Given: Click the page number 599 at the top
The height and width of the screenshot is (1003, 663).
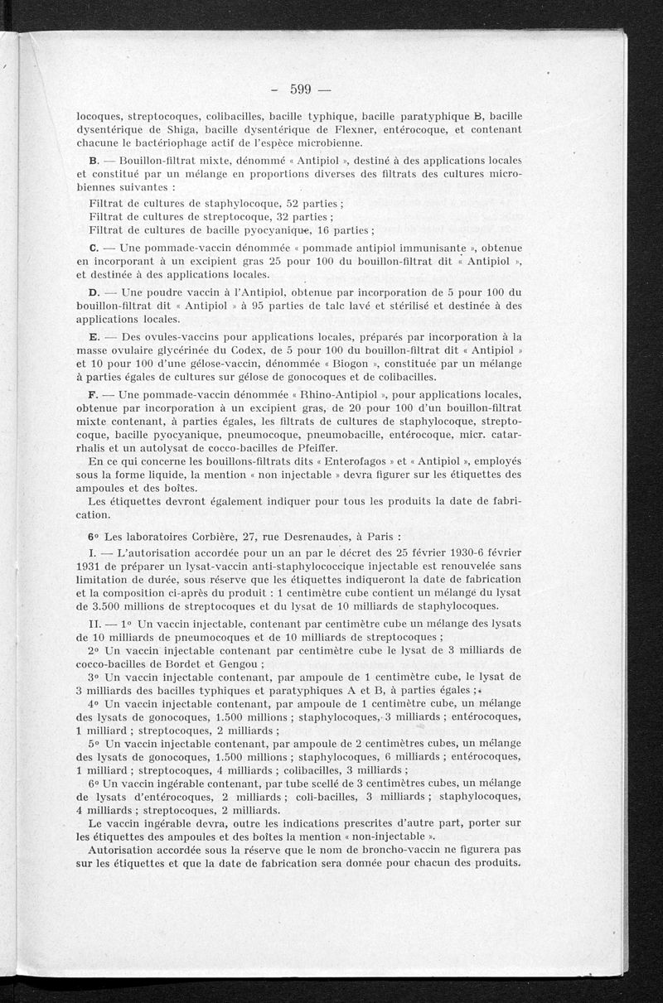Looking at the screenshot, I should (299, 89).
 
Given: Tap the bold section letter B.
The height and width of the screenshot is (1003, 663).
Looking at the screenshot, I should (93, 160).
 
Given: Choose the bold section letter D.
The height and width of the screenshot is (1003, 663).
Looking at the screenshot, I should (94, 292).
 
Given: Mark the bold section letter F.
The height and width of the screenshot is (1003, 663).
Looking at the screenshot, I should (93, 394).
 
